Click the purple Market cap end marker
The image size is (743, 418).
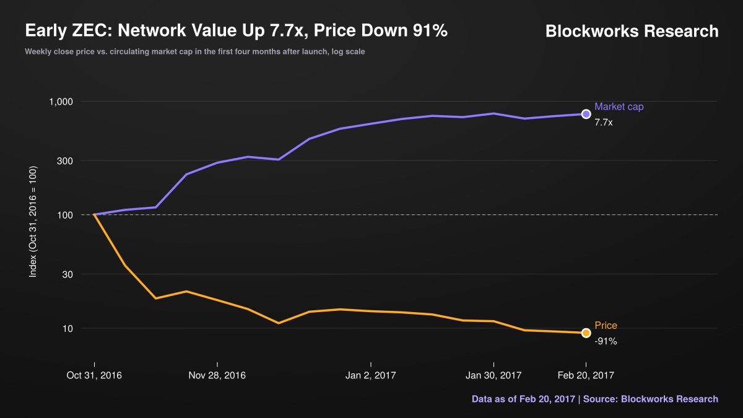click(x=586, y=114)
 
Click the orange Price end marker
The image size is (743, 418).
click(x=586, y=333)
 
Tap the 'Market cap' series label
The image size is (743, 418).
click(x=619, y=107)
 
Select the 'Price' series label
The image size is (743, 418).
click(x=606, y=326)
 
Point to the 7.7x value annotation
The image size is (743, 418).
click(x=603, y=123)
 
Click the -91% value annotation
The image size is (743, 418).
click(x=606, y=341)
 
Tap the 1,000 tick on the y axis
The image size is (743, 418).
click(x=61, y=102)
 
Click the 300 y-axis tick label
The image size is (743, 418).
click(x=64, y=161)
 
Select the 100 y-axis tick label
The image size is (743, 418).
click(x=65, y=216)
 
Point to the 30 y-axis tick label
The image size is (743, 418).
click(x=67, y=274)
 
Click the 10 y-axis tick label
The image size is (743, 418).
click(x=67, y=329)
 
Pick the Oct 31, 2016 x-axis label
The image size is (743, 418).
click(x=94, y=375)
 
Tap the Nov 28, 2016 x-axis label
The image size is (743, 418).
click(x=217, y=375)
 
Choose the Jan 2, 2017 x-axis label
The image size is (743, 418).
click(x=370, y=375)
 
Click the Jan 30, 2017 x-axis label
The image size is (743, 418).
click(x=493, y=375)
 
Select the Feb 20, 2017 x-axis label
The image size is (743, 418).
click(x=586, y=375)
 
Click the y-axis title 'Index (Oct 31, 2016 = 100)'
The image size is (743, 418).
click(x=33, y=222)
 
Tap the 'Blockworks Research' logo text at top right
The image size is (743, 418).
click(x=632, y=31)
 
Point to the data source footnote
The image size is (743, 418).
click(x=595, y=399)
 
